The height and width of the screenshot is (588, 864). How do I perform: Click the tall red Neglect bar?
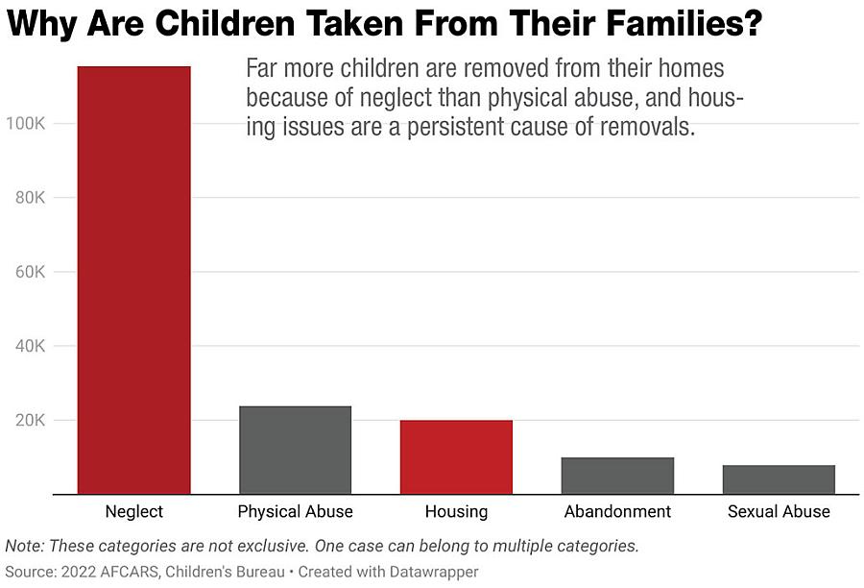pos(134,280)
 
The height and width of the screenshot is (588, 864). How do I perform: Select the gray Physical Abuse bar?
pos(295,450)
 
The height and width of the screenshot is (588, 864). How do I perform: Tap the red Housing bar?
pos(456,457)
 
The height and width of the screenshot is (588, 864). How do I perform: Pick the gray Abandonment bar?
pos(617,476)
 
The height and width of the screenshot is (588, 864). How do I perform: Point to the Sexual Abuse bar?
pos(779,479)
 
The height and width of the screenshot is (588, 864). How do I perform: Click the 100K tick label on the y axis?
pos(25,124)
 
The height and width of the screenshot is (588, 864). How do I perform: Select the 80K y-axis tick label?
pos(29,198)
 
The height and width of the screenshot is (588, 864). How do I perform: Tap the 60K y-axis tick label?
pos(29,272)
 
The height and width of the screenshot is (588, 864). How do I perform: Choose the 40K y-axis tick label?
pos(29,346)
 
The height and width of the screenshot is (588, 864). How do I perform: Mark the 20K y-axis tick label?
pos(29,420)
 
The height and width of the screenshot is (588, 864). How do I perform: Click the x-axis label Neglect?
pos(134,511)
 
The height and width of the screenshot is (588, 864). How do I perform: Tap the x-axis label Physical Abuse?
pos(295,511)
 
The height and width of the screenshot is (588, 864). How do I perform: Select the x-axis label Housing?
pos(456,511)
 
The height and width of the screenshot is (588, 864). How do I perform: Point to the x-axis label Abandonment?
pos(617,511)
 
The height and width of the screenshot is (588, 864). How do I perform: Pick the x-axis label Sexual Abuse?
pos(779,511)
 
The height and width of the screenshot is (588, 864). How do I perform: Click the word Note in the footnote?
pos(23,546)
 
